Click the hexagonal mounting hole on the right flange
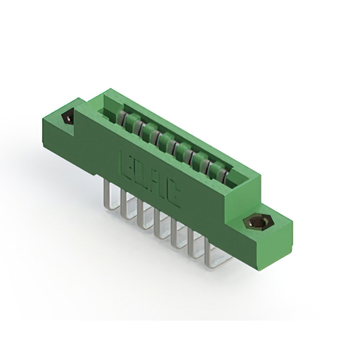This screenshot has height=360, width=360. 257,222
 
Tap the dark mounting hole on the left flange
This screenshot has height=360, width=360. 67,118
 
